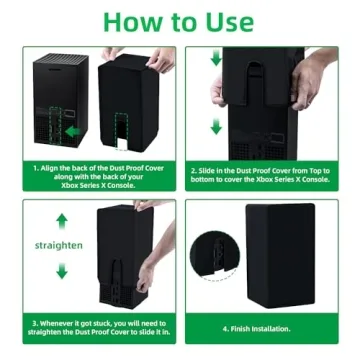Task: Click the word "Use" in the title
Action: tap(231, 21)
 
